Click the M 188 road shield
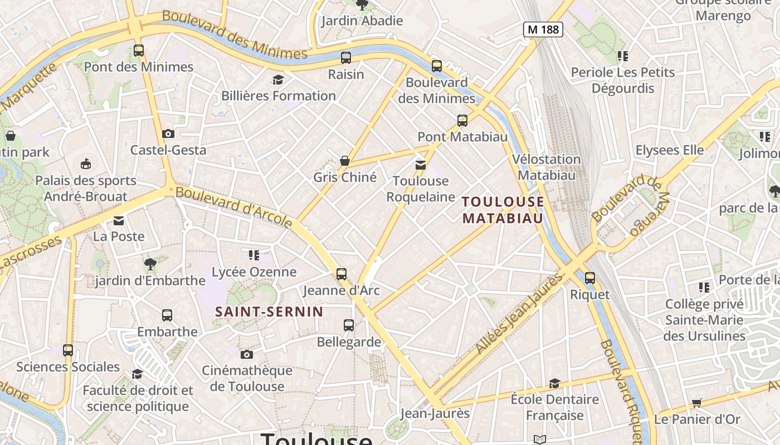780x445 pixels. coord(543,29)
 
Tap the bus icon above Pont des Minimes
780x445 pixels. coord(139,51)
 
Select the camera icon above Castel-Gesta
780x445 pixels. coord(168,133)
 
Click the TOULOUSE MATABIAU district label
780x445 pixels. coord(503,210)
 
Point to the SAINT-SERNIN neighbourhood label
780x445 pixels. coord(269,311)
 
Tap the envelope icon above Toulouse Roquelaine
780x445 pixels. coord(421,165)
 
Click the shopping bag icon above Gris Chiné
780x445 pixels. coord(345,161)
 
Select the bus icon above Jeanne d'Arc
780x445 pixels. coord(341,274)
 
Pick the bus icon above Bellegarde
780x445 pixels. coord(349,325)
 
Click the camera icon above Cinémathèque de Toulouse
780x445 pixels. coord(246,354)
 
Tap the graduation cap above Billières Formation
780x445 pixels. coord(278,80)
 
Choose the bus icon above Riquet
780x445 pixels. coord(589,278)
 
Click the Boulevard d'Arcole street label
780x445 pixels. coord(233,207)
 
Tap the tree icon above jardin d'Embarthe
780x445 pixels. coord(150,264)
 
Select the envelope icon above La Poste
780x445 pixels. coord(119,220)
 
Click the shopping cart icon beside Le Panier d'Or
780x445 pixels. coord(696,403)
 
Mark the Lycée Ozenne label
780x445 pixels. coord(254,272)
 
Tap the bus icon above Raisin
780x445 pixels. coord(346,57)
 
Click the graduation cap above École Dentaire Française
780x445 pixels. coord(554,383)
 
